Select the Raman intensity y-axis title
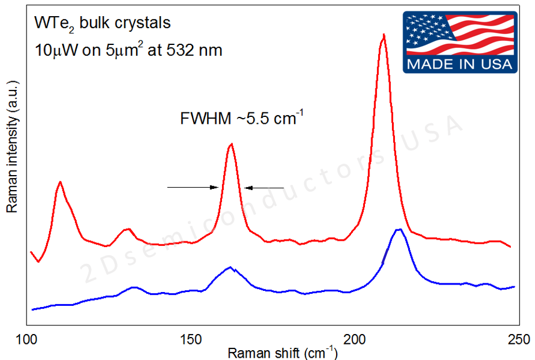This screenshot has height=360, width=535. click(x=11, y=147)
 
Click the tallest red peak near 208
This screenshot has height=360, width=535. click(x=383, y=35)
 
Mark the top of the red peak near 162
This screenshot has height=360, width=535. click(x=231, y=144)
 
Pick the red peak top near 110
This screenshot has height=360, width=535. click(x=60, y=182)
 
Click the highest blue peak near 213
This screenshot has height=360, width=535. click(x=398, y=229)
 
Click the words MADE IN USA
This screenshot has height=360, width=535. click(x=459, y=64)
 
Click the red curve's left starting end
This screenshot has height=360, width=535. click(x=31, y=252)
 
